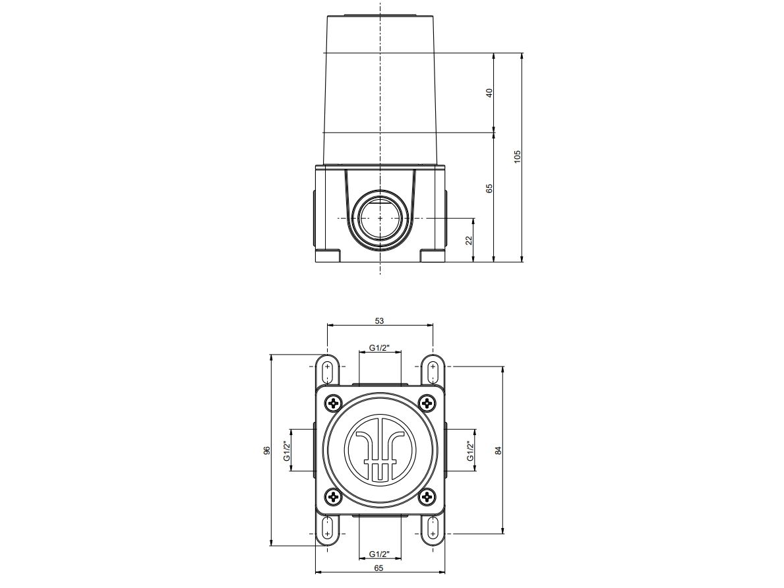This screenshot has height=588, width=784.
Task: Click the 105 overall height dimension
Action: pyautogui.click(x=518, y=157)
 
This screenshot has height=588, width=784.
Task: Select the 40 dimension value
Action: pyautogui.click(x=489, y=93)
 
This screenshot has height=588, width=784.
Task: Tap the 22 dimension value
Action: pyautogui.click(x=469, y=239)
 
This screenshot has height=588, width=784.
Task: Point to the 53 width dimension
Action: pyautogui.click(x=379, y=321)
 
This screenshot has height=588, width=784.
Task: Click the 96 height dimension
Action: pyautogui.click(x=266, y=451)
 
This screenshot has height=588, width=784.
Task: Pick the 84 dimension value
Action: pyautogui.click(x=499, y=450)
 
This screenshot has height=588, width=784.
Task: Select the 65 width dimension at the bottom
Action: pyautogui.click(x=379, y=568)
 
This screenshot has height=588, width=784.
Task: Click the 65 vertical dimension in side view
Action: pyautogui.click(x=489, y=189)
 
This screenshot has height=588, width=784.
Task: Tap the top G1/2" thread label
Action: pyautogui.click(x=379, y=347)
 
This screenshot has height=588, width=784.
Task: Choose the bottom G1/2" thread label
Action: pyautogui.click(x=379, y=554)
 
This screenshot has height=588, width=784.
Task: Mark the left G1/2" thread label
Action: pyautogui.click(x=287, y=451)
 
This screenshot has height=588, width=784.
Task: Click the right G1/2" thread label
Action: pyautogui.click(x=470, y=451)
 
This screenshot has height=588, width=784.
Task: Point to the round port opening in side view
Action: pyautogui.click(x=380, y=218)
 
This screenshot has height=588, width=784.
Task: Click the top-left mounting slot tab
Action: pyautogui.click(x=328, y=370)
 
